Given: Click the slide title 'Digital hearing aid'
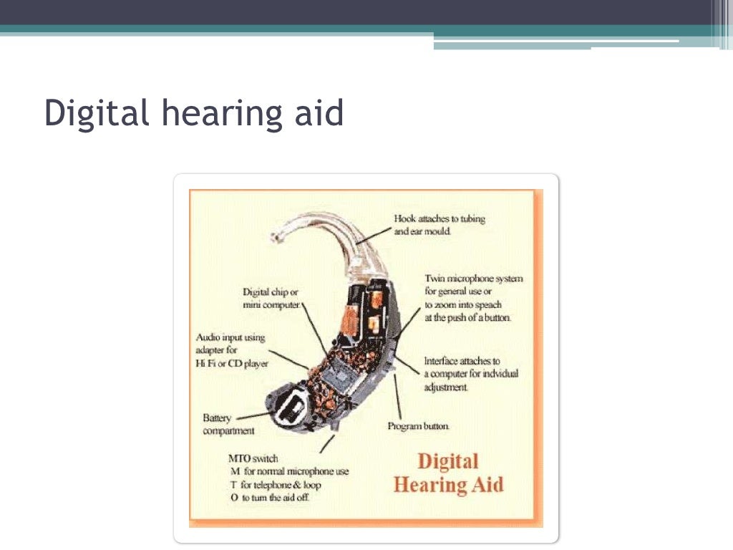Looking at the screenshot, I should click(194, 113).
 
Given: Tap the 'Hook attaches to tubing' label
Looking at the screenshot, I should click(440, 219).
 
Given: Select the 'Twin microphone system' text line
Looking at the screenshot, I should click(474, 279).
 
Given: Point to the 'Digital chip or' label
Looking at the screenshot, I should click(271, 292).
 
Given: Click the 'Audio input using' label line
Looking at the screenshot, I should click(230, 337).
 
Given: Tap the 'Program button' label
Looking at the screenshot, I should click(419, 426).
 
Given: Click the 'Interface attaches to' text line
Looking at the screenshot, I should click(462, 362).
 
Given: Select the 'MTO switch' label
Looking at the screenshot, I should click(253, 458).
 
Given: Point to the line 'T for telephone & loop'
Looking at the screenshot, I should click(276, 485).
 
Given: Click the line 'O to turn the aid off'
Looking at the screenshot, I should click(270, 498).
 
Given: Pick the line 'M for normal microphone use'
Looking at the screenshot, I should click(289, 472).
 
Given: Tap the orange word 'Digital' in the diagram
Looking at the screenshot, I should click(447, 461).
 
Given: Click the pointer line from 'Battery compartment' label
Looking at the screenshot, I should click(251, 415).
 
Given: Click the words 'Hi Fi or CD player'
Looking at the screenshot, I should click(232, 364).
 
